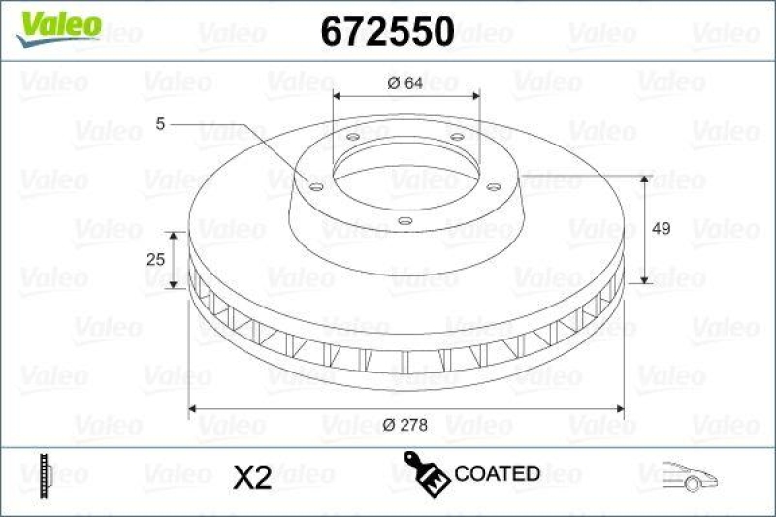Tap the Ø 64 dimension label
(404, 83)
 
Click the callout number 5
(159, 123)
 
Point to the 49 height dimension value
(662, 229)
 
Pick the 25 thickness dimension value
(152, 260)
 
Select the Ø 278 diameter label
(404, 422)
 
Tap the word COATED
(497, 474)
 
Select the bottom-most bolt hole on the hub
(404, 222)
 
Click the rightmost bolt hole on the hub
(493, 185)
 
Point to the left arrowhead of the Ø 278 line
(193, 409)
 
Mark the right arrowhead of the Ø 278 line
(619, 409)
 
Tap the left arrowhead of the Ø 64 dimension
(338, 95)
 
